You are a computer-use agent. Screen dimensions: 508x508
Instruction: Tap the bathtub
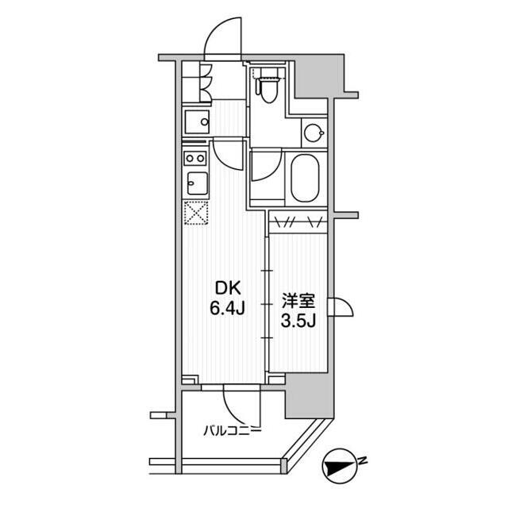coord(305,178)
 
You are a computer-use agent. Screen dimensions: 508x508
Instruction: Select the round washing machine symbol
coord(314,133)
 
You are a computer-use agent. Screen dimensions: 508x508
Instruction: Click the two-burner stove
coord(195,159)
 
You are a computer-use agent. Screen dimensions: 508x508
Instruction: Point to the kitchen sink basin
coord(197,183)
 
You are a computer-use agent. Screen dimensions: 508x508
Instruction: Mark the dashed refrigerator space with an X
coord(196,213)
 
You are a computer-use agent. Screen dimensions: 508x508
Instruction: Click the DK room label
coord(227,288)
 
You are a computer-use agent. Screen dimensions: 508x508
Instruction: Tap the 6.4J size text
coord(227,309)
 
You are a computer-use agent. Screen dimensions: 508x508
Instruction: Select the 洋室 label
coord(298,302)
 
